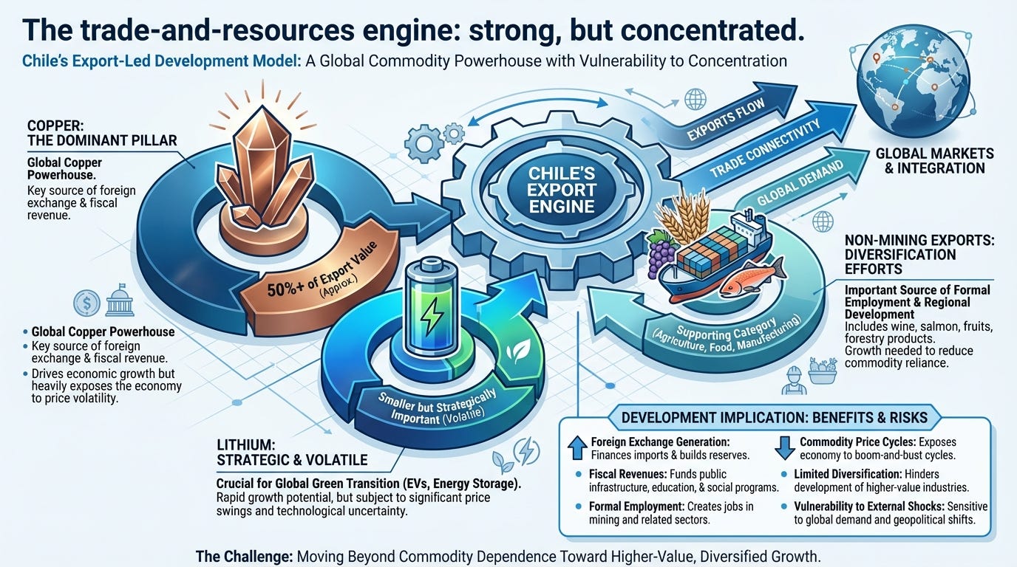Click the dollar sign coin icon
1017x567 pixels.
pyautogui.click(x=86, y=303)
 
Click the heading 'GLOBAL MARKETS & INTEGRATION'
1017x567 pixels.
pyautogui.click(x=933, y=160)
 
